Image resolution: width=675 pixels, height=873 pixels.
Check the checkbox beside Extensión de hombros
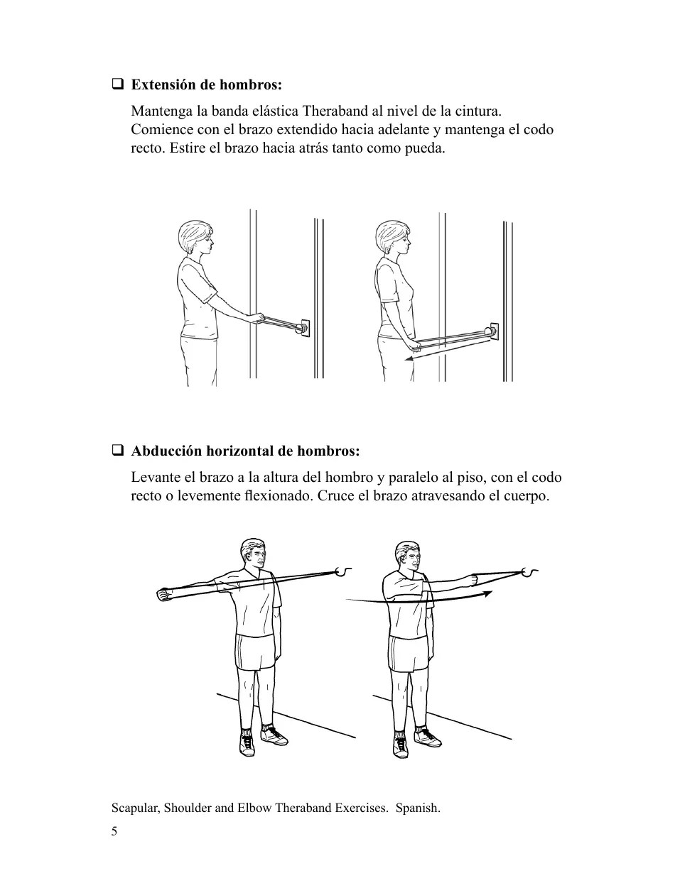(x=117, y=85)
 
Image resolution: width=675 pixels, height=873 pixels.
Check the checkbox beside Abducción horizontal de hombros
(x=117, y=451)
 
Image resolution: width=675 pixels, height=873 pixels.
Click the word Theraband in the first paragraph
(x=334, y=111)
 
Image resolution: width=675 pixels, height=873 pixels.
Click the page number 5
(x=114, y=832)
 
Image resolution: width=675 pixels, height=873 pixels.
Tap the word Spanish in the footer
(x=417, y=808)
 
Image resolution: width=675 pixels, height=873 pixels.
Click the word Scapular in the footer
(x=135, y=808)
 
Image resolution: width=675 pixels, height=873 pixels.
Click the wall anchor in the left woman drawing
(x=304, y=327)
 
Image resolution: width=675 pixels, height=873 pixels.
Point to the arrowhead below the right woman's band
(x=409, y=360)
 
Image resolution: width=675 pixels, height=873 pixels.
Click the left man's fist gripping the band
(x=164, y=594)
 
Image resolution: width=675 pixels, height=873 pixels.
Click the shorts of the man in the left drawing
(x=255, y=652)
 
